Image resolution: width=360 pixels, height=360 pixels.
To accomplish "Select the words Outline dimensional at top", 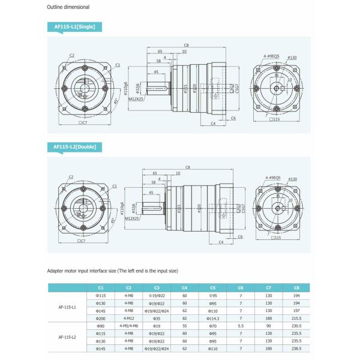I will [x=68, y=8].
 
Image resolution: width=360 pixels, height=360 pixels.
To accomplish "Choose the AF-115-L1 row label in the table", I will [x=67, y=307].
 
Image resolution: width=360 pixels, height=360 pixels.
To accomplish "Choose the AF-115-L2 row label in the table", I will [x=67, y=337].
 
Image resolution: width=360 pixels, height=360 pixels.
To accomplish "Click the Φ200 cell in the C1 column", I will [x=100, y=318].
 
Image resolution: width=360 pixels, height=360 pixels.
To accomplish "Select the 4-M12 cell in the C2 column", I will [x=128, y=318].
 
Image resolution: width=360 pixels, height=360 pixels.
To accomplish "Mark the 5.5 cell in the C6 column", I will [x=240, y=326].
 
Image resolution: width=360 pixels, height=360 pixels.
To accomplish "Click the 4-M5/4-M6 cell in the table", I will [x=128, y=326].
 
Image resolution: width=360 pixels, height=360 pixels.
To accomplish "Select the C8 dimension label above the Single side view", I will [x=187, y=45].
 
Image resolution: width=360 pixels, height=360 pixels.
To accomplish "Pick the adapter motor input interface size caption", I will [x=113, y=271].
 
